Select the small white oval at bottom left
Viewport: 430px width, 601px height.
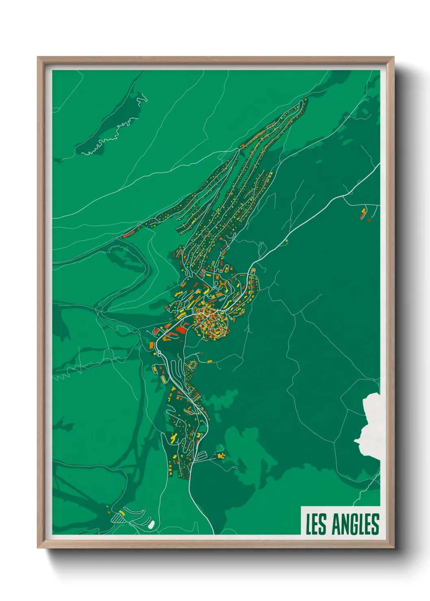click(151, 524)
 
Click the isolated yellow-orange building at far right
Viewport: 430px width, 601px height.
click(363, 213)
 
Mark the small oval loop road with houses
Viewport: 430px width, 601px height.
click(191, 366)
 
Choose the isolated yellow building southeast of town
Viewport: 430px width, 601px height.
click(221, 456)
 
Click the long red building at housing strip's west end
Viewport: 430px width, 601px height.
click(128, 234)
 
